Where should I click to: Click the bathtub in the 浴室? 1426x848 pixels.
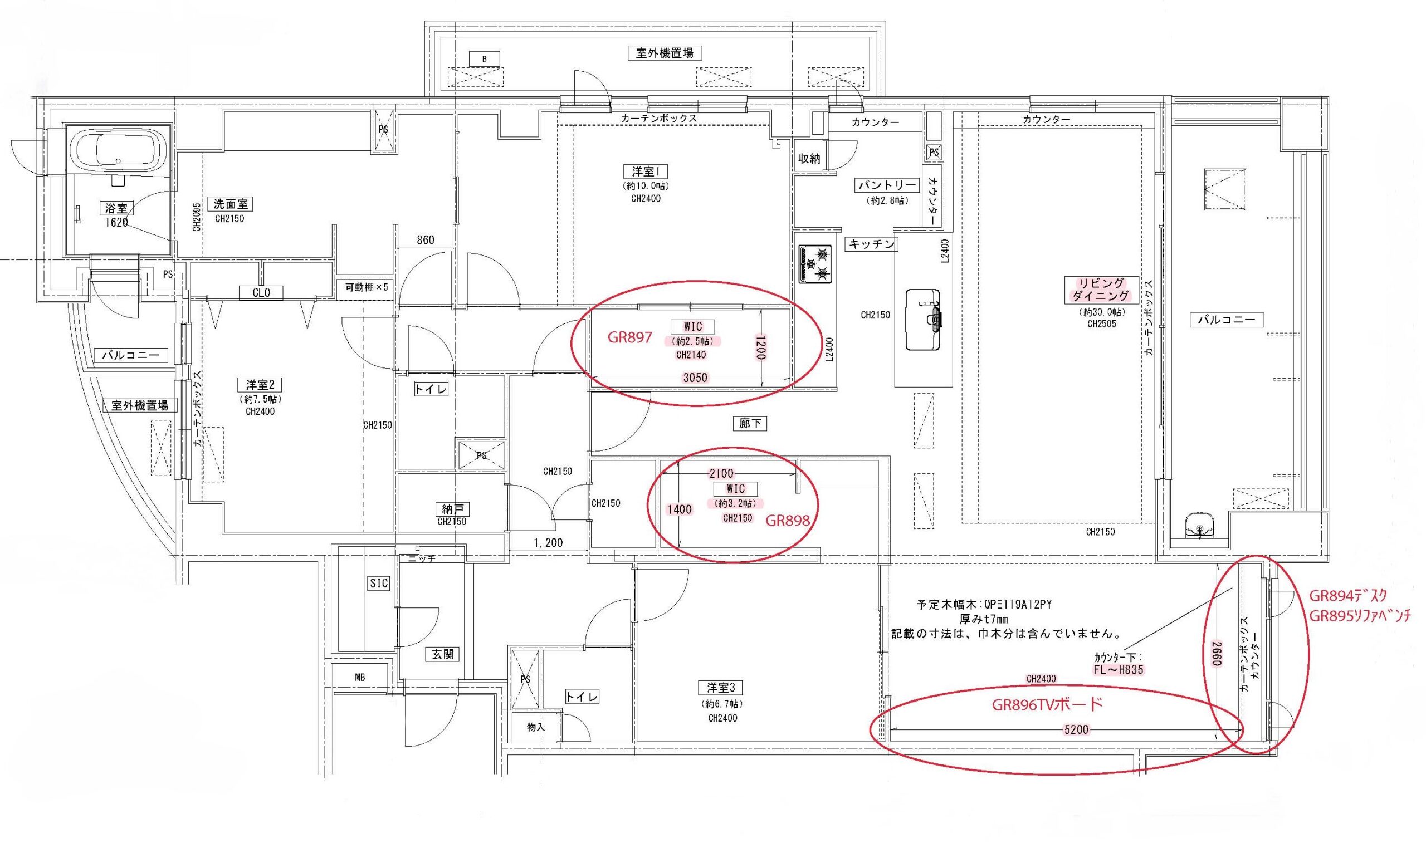pos(118,152)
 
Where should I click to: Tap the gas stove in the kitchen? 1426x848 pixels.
pos(815,263)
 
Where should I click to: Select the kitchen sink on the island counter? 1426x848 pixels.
pos(923,320)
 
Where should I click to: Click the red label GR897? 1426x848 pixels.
pos(629,337)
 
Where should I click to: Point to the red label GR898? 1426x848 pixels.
pos(788,520)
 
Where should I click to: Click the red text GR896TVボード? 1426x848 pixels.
pos(1047,704)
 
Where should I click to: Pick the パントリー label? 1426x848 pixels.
pos(887,186)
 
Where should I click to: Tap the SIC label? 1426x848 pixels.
pos(378,584)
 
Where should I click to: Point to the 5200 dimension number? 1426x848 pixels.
pos(1076,730)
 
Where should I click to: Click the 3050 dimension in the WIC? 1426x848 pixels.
pos(696,377)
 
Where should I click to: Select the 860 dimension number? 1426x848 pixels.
pos(425,240)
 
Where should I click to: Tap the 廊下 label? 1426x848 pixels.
pos(749,423)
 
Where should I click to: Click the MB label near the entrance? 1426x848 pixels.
pos(359,678)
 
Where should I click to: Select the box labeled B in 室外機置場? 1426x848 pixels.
pos(485,59)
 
